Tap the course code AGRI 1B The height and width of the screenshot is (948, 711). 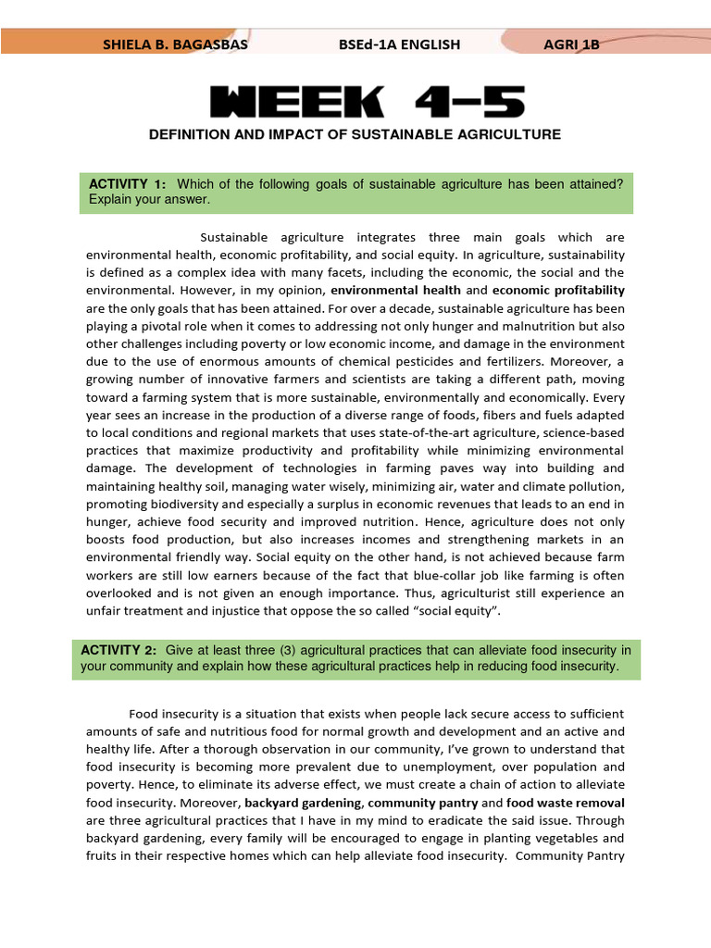tap(571, 44)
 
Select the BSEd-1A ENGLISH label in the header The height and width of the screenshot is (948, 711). tap(401, 44)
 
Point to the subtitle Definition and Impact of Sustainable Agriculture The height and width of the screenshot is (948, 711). tap(355, 135)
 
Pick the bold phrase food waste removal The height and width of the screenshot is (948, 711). tap(566, 803)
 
